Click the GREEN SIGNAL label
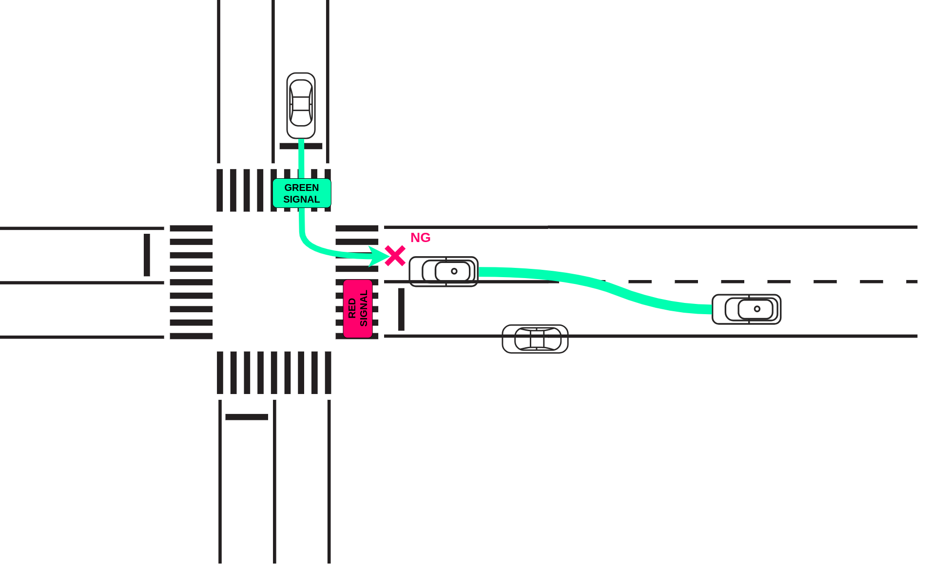click(302, 193)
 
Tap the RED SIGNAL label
click(358, 308)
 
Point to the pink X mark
click(395, 256)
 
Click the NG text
click(420, 238)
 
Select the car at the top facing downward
click(301, 106)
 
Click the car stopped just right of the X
click(444, 271)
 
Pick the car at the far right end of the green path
click(746, 309)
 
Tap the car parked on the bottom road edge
click(535, 339)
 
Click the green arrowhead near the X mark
click(378, 256)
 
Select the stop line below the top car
click(301, 146)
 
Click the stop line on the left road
click(147, 255)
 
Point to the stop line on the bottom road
click(247, 417)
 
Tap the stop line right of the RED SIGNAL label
click(401, 309)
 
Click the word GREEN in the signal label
click(302, 188)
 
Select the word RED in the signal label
click(352, 308)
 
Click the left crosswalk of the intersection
click(191, 282)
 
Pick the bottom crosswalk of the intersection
click(274, 373)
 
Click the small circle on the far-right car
click(757, 309)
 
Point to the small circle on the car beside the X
click(454, 271)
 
